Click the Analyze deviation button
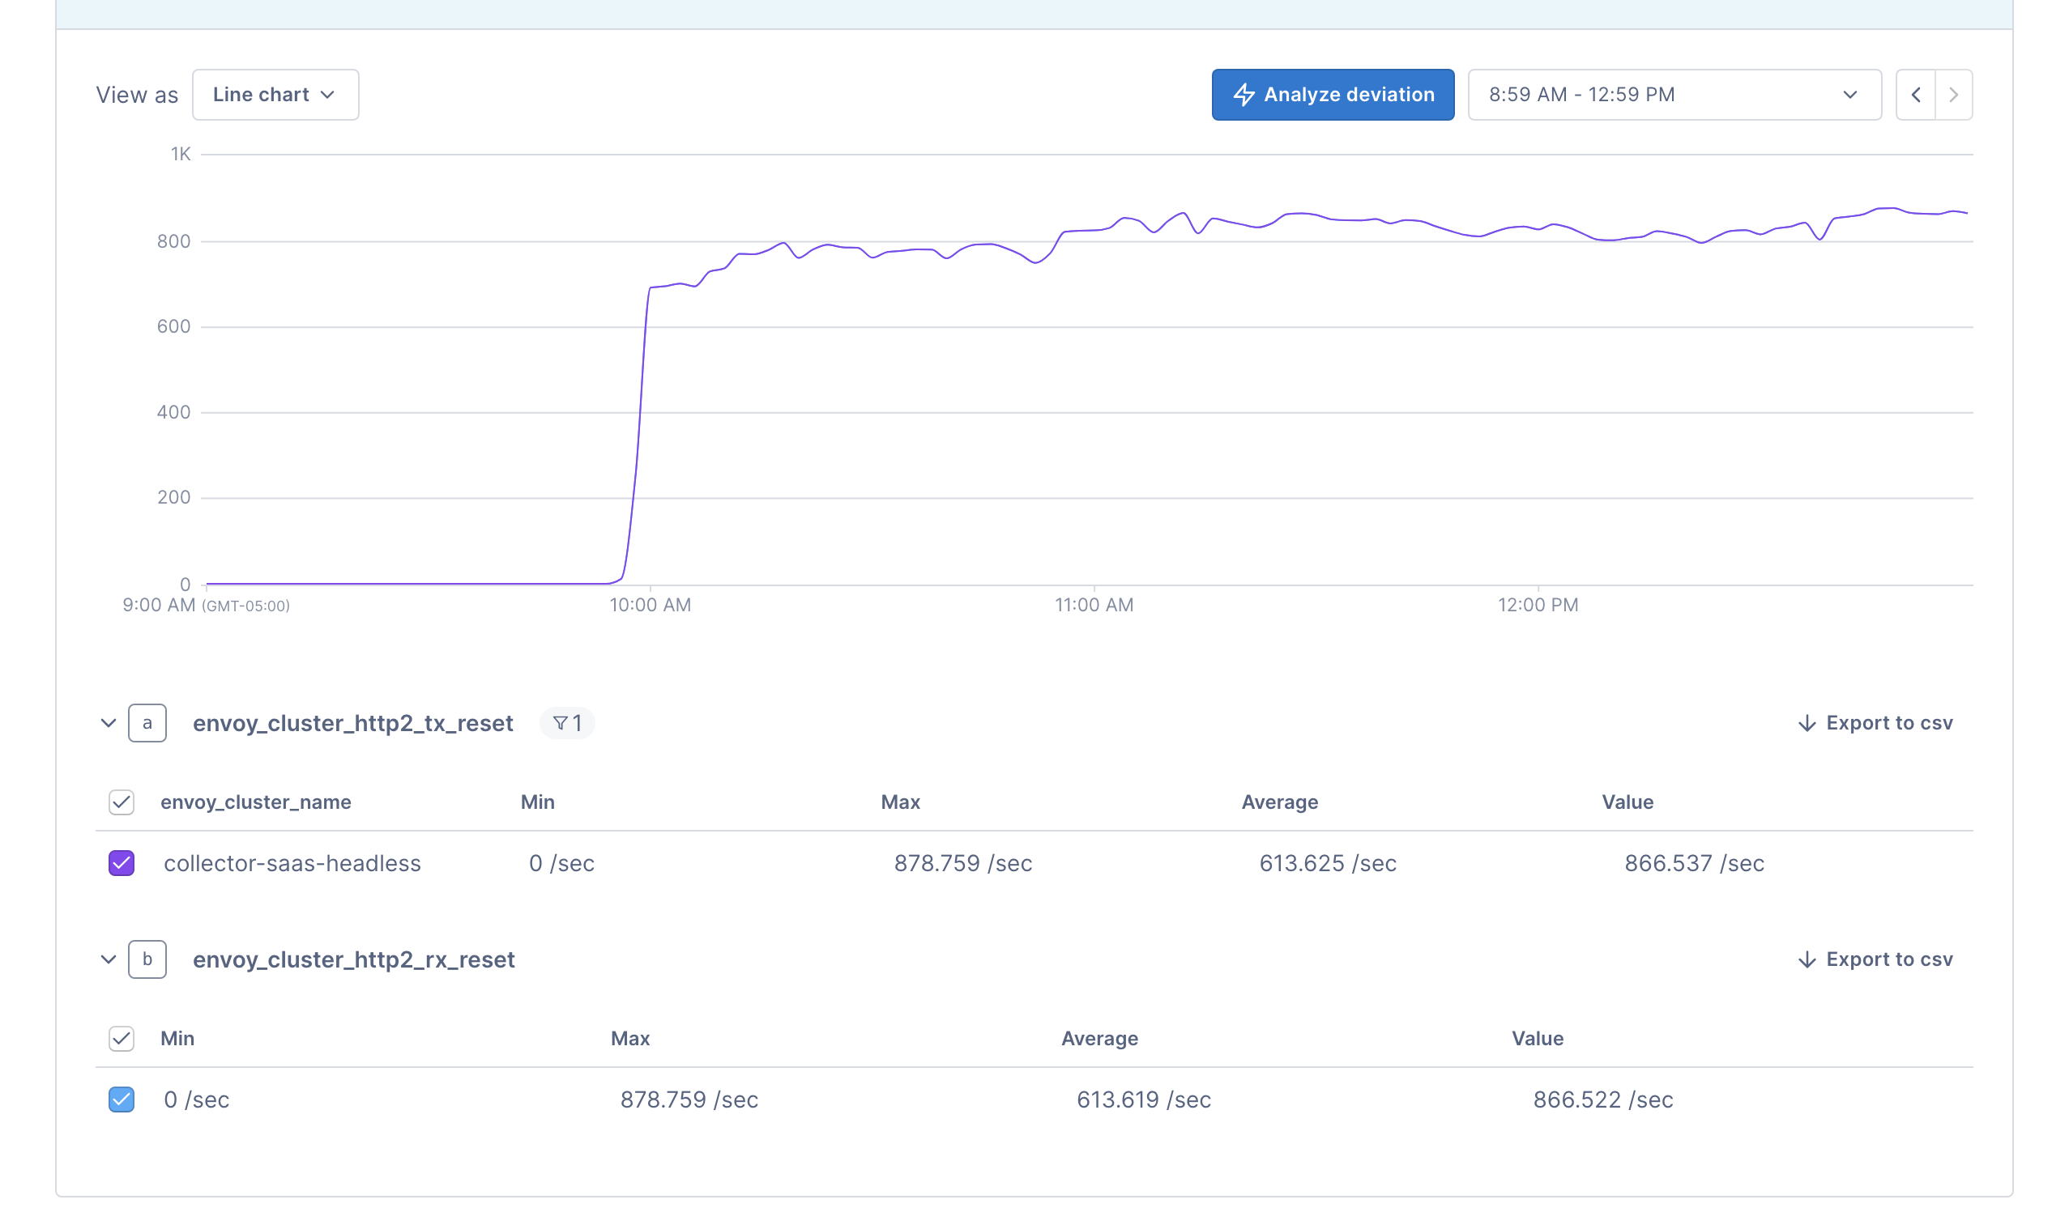click(x=1333, y=95)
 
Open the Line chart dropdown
click(x=275, y=95)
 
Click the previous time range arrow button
click(x=1915, y=95)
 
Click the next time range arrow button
click(x=1953, y=95)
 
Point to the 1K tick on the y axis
click(x=181, y=154)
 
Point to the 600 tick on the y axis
click(x=174, y=326)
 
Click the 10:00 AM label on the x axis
click(x=651, y=605)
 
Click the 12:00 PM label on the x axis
click(x=1538, y=605)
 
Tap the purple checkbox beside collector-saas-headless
click(x=122, y=863)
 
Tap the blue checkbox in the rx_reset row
click(x=122, y=1100)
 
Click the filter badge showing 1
click(x=567, y=723)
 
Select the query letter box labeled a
click(x=147, y=723)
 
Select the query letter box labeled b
click(x=147, y=959)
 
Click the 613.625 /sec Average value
click(x=1328, y=863)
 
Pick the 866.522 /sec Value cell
click(x=1602, y=1100)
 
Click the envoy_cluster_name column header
click(x=255, y=802)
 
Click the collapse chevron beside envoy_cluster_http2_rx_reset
click(x=109, y=959)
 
